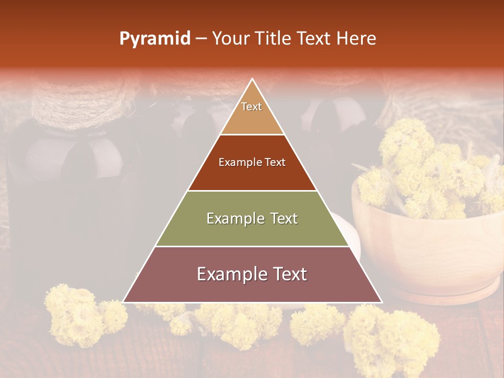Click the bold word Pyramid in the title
click(x=155, y=39)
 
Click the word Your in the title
click(x=229, y=39)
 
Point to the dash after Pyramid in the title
click(x=201, y=39)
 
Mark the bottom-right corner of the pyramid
click(x=381, y=302)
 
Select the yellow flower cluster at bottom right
click(x=394, y=336)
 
